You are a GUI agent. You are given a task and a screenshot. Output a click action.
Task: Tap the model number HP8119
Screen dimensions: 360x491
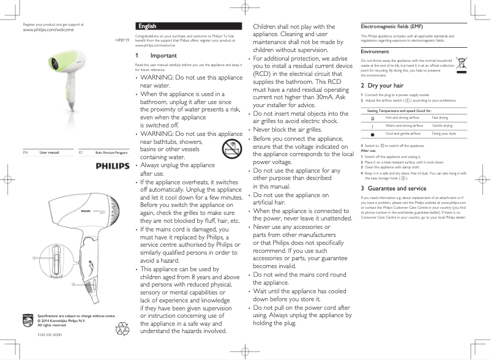click(122, 39)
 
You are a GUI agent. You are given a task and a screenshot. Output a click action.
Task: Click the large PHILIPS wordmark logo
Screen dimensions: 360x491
click(113, 166)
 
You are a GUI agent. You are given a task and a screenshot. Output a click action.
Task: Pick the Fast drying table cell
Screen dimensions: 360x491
click(440, 117)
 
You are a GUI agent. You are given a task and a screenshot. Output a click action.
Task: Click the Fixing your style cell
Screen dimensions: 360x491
click(443, 133)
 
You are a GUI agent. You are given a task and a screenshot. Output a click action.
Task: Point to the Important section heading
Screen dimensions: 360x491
click(163, 55)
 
